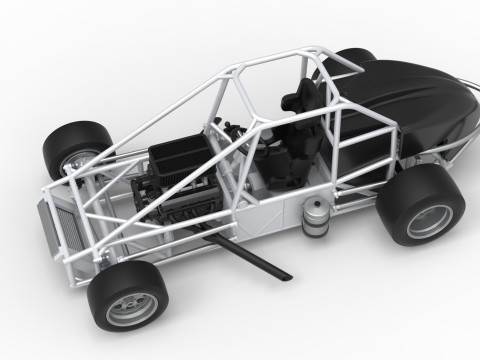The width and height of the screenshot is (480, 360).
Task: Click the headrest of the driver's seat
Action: pos(301,96)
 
